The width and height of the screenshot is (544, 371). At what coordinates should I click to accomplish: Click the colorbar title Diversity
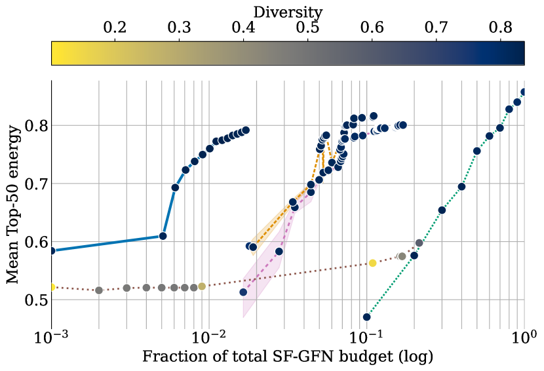coord(288,12)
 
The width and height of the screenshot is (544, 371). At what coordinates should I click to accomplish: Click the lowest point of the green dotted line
coord(367,317)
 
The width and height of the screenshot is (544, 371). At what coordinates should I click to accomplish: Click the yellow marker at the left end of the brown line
coord(52,287)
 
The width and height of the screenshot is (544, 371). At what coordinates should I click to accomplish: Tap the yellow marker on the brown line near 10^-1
coord(372,263)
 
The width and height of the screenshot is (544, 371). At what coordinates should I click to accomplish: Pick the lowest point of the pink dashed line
coord(243,292)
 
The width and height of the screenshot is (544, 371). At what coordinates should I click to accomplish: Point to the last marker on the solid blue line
coord(246,130)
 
